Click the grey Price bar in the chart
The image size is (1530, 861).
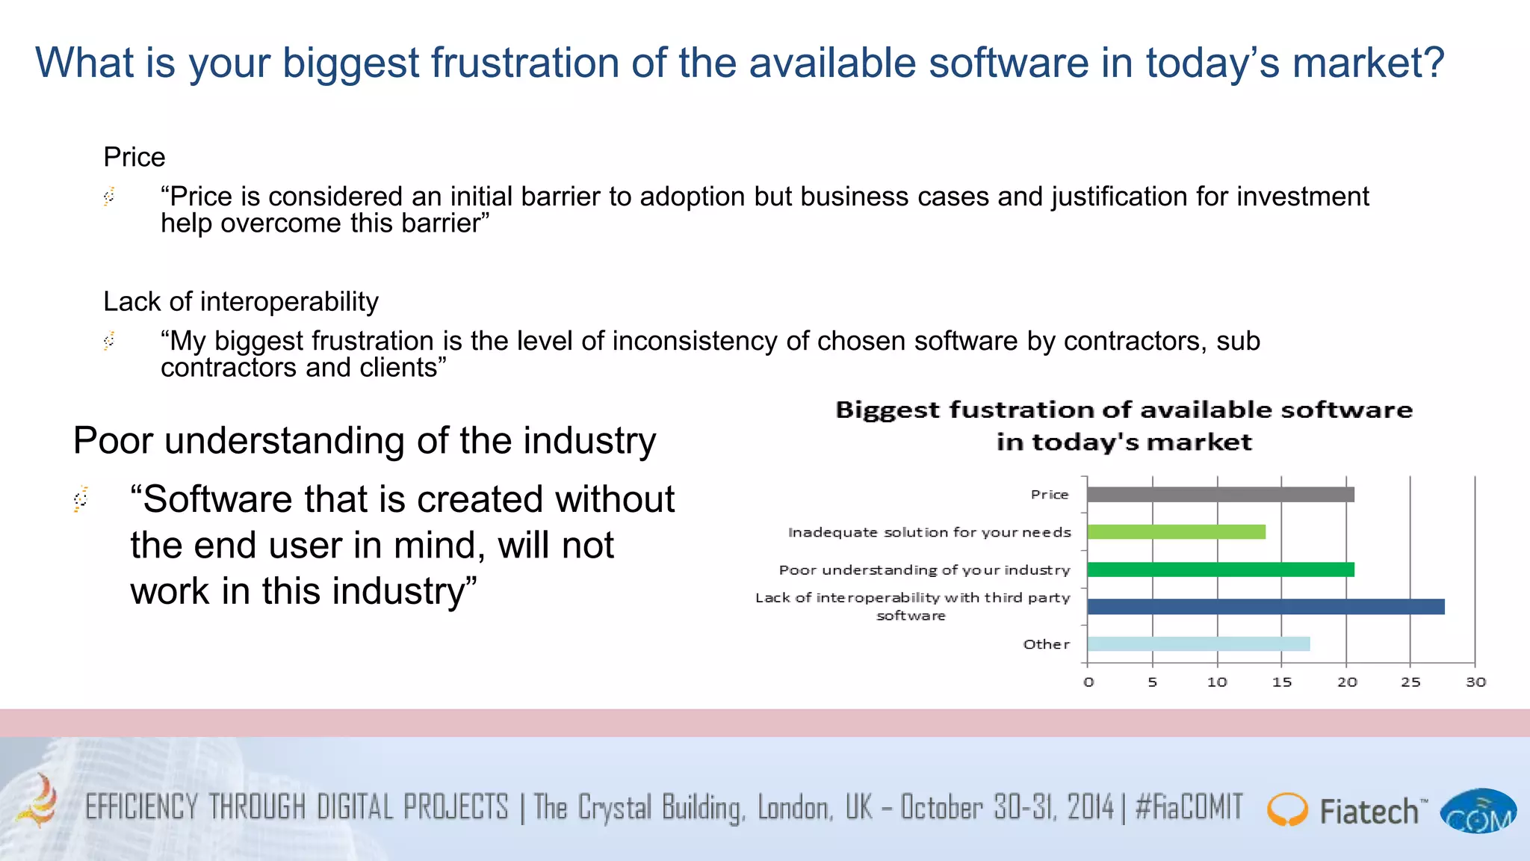pos(1220,495)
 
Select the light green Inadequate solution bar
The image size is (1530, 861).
pos(1176,532)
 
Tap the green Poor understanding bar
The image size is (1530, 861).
pos(1220,570)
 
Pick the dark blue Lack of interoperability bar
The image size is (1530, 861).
pos(1266,607)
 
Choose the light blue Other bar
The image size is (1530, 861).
pos(1198,644)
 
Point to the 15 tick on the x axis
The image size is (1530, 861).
pos(1282,682)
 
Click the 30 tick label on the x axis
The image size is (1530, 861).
pos(1475,682)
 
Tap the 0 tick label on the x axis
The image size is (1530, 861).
pos(1088,682)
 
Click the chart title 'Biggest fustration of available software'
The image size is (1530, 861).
pos(1124,410)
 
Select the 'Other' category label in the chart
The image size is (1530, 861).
pos(1046,644)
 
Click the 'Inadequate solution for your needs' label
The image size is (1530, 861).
pos(929,532)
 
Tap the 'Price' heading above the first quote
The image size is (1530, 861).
pos(134,158)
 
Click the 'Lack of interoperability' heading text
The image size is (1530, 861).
pos(241,302)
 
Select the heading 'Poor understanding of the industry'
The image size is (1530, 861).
pos(365,440)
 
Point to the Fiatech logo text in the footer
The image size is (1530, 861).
pos(1369,812)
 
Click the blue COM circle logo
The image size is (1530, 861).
pos(1478,811)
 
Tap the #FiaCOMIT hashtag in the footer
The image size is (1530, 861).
pos(1189,807)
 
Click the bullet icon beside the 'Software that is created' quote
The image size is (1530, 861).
pos(81,499)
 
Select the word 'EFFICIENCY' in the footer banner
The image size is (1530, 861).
pos(141,807)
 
